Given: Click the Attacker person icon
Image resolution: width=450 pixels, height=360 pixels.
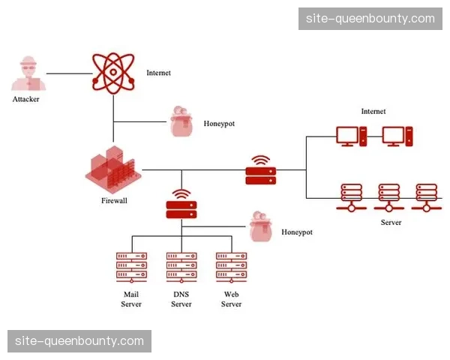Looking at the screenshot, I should pyautogui.click(x=26, y=73).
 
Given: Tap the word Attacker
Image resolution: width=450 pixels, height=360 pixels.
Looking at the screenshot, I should pyautogui.click(x=26, y=99).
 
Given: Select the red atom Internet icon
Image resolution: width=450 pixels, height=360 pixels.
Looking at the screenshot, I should pyautogui.click(x=112, y=72).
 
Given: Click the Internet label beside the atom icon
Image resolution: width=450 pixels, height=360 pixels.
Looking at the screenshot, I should pyautogui.click(x=159, y=73).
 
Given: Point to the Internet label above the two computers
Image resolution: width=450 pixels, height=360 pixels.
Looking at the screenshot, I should pyautogui.click(x=373, y=112).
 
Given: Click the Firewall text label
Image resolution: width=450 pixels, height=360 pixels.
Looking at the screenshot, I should pyautogui.click(x=114, y=201).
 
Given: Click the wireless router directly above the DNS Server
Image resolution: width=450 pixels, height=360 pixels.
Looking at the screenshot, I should pyautogui.click(x=181, y=204).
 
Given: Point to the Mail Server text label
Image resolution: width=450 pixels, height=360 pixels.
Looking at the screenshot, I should pyautogui.click(x=131, y=299).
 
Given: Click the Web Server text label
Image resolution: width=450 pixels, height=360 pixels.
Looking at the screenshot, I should pyautogui.click(x=231, y=299).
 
